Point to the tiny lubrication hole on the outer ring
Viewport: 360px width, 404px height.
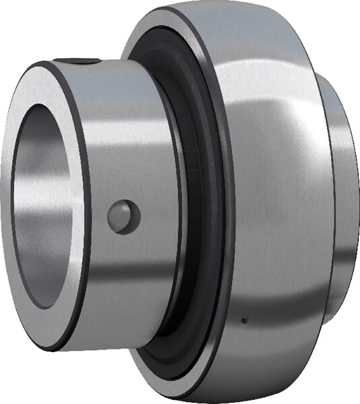(244, 320)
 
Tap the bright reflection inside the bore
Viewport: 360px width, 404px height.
(27, 202)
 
